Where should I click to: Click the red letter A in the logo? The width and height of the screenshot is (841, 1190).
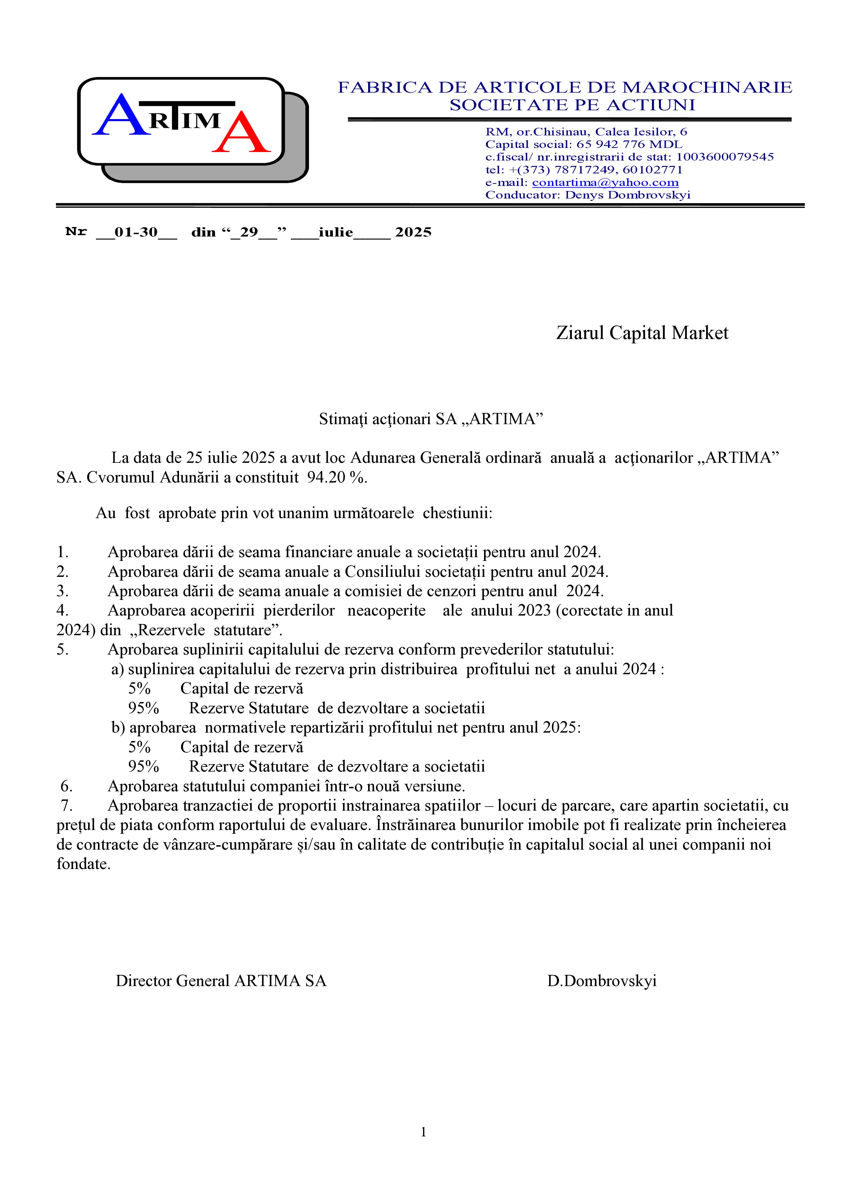[241, 133]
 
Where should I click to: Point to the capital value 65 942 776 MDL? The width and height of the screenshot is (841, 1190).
[629, 145]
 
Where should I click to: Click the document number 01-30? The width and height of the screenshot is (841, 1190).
[136, 232]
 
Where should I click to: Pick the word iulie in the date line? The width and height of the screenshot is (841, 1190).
[336, 232]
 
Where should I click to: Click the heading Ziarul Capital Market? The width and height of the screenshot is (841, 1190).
[642, 333]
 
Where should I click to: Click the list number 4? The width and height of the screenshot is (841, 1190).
[62, 610]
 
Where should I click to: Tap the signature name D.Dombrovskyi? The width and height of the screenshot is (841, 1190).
[602, 981]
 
